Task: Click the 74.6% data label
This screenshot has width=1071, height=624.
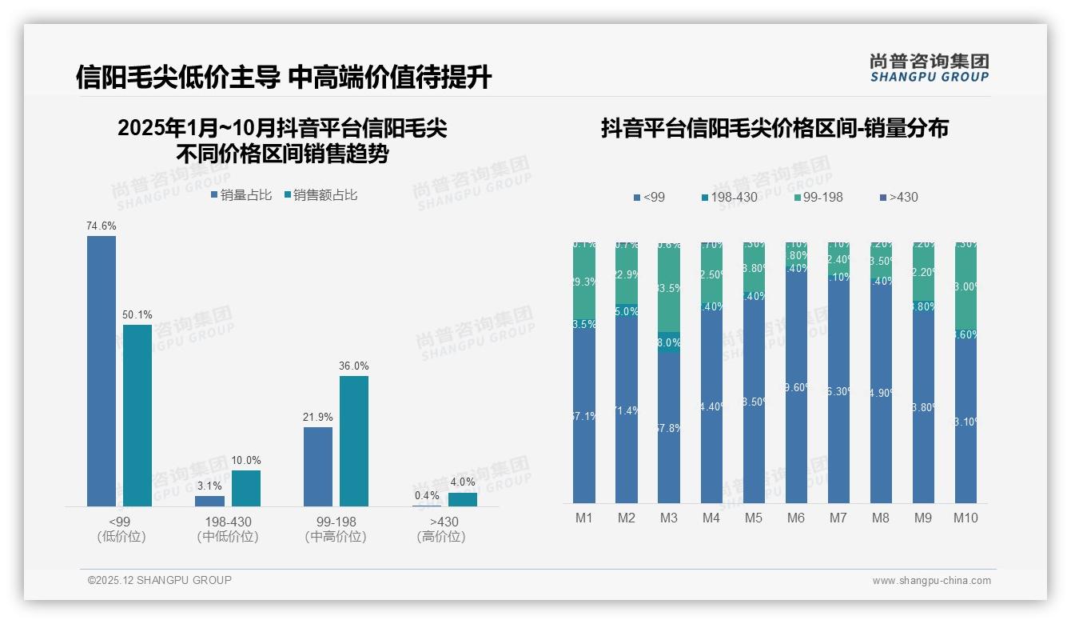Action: coord(102,226)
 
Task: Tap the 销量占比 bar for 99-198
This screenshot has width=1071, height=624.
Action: coord(318,466)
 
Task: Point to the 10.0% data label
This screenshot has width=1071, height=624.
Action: coord(246,461)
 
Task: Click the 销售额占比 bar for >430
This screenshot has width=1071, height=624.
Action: coord(463,499)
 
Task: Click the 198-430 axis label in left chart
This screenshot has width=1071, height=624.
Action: coord(228,522)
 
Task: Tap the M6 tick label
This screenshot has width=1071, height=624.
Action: coord(795,518)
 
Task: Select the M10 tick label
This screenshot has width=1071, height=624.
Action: coord(965,518)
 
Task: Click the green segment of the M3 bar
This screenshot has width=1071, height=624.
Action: coord(669,288)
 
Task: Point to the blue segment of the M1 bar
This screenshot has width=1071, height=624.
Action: coord(584,416)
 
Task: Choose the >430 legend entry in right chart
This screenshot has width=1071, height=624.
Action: coord(898,197)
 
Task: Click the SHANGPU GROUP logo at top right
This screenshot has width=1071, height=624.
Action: coord(929,67)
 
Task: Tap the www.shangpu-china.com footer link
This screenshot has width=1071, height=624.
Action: coord(931,581)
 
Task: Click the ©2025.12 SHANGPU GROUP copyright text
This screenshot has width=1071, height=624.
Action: coord(160,580)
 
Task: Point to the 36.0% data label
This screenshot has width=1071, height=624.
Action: coord(354,366)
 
